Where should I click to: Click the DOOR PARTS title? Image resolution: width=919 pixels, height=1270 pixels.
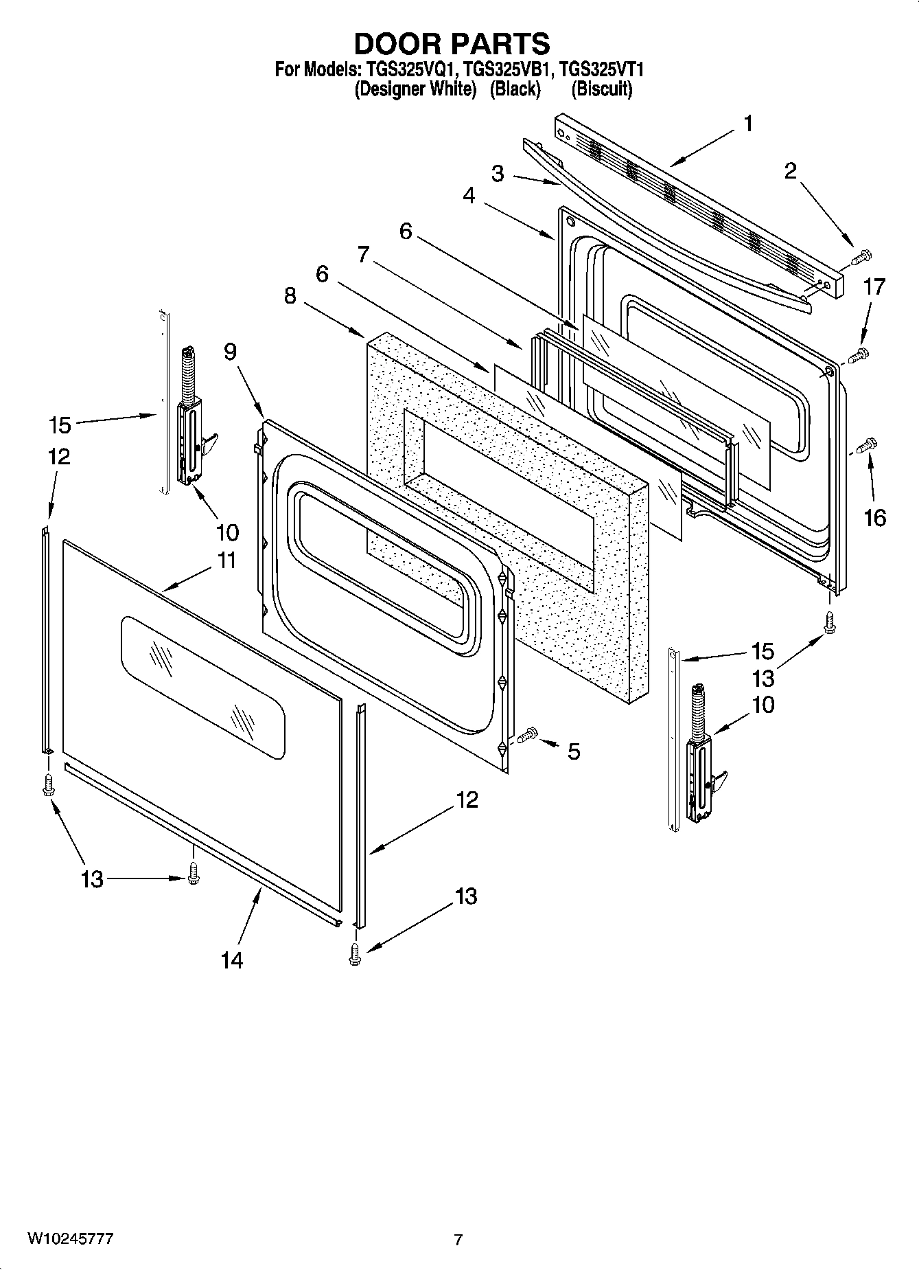[452, 43]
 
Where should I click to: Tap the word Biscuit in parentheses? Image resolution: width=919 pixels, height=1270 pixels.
[601, 89]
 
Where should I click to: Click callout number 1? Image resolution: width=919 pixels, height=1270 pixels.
[747, 124]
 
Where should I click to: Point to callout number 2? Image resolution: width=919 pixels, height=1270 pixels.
[791, 170]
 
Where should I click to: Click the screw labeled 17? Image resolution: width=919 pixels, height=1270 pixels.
[859, 356]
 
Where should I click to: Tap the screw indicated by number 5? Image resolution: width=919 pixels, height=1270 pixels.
[527, 736]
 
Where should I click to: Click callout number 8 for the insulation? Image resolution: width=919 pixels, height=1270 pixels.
[290, 297]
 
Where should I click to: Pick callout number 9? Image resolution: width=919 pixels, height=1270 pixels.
[230, 352]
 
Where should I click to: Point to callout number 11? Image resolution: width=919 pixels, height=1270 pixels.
[226, 560]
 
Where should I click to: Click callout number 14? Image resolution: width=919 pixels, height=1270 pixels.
[232, 960]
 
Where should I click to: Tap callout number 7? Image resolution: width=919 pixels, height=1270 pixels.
[364, 255]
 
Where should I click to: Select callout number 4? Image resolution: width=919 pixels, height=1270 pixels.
[469, 196]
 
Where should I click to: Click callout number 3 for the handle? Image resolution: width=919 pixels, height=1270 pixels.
[498, 174]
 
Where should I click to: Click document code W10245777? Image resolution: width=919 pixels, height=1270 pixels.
[70, 1238]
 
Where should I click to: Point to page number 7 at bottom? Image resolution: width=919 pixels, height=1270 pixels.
[458, 1240]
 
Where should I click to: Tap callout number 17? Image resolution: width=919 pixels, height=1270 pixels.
[874, 286]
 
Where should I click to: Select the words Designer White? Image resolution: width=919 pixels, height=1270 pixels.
[415, 89]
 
